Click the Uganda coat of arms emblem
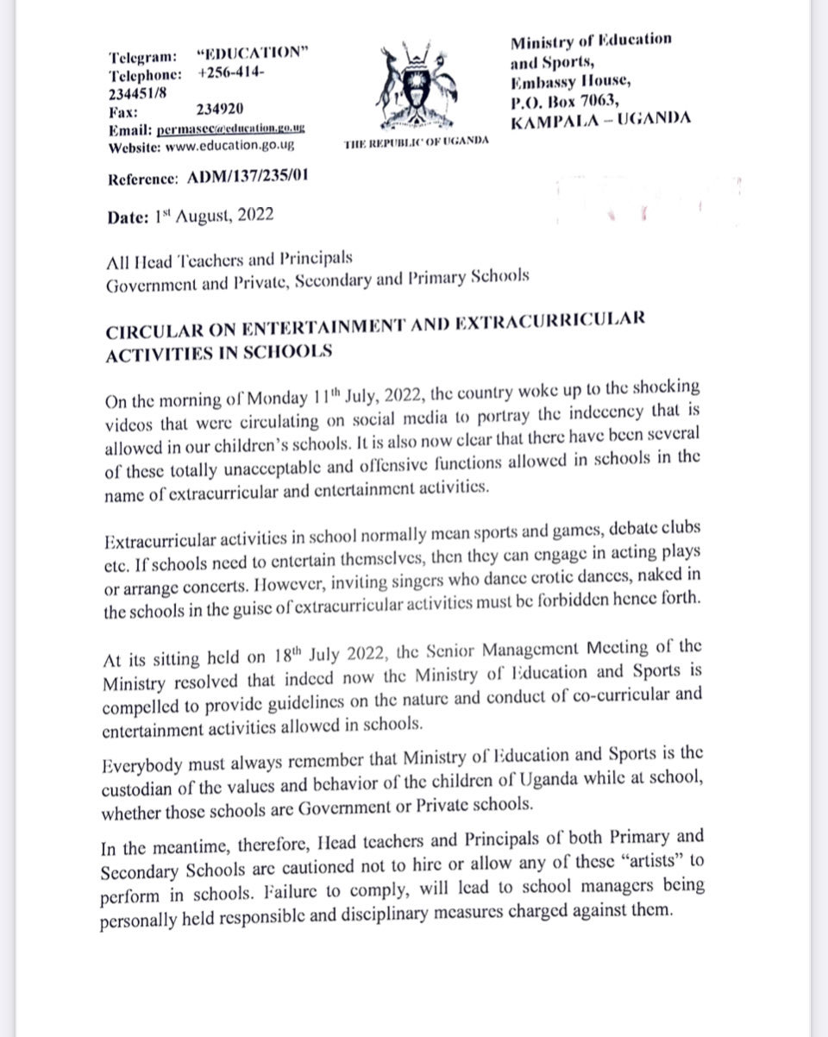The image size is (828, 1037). [417, 86]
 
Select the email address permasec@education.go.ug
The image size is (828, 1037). [231, 129]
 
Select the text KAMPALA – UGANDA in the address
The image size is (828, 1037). [600, 119]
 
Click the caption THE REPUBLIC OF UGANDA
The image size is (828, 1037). [415, 141]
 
